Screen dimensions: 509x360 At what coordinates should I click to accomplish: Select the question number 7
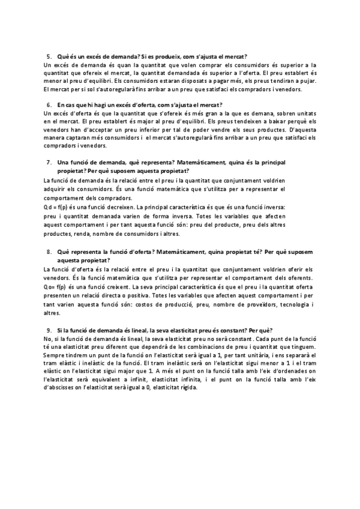(49, 163)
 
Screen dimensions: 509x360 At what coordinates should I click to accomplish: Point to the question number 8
(49, 251)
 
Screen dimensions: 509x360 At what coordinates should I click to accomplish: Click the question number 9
(49, 331)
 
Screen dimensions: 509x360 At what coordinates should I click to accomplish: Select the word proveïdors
(248, 304)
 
